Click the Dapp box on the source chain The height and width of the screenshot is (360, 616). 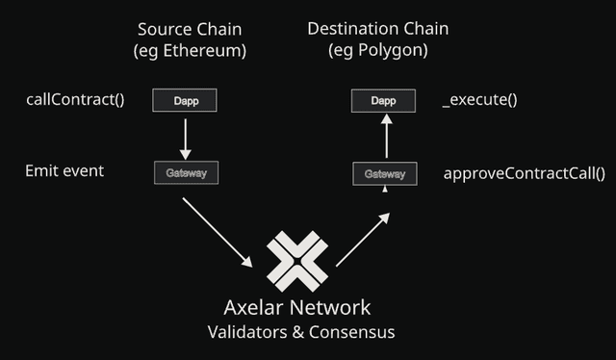click(186, 99)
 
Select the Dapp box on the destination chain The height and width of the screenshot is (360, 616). click(382, 99)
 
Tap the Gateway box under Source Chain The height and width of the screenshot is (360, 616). click(186, 173)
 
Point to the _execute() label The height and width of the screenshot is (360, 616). click(479, 99)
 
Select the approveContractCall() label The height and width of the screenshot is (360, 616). click(524, 174)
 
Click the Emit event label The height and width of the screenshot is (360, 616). click(64, 171)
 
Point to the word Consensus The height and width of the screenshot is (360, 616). click(355, 332)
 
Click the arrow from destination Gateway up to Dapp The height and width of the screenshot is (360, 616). click(384, 138)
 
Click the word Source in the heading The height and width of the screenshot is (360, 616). click(164, 29)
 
